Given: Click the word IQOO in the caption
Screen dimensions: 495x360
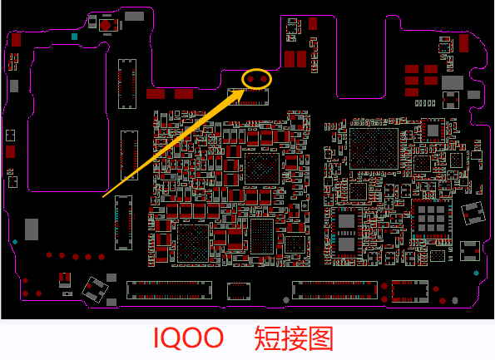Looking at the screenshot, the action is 189,338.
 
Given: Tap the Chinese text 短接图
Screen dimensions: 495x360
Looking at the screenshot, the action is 294,338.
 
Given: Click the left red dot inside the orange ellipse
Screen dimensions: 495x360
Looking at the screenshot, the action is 250,79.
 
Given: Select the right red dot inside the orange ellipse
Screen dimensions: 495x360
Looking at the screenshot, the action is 264,79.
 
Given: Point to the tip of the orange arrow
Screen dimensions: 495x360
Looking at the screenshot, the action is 245,90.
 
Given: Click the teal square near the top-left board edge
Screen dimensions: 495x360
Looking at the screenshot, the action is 75,37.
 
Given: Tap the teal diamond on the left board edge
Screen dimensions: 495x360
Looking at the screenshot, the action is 15,242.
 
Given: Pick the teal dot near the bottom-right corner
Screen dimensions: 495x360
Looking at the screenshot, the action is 476,273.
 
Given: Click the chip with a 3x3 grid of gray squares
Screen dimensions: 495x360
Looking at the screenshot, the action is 431,219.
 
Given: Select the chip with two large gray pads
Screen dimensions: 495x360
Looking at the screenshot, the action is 346,233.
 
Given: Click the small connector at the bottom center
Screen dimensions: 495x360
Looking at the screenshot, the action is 239,291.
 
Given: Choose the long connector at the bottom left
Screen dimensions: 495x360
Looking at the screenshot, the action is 169,290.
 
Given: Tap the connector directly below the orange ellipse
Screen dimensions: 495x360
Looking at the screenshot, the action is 248,96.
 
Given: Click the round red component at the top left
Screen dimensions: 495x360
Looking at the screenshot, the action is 105,25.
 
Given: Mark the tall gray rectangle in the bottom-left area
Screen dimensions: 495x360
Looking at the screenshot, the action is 32,229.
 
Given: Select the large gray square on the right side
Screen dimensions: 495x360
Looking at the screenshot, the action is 453,82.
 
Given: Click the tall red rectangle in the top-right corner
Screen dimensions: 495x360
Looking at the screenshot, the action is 463,43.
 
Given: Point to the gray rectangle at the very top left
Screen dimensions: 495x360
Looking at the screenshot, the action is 134,16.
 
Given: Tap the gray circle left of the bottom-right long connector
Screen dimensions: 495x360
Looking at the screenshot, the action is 286,300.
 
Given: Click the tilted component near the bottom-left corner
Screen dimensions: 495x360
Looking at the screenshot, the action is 95,289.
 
